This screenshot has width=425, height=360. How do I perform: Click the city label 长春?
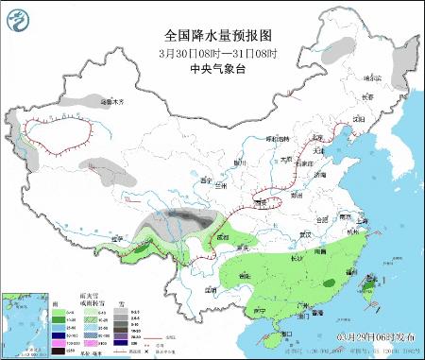(x=370, y=96)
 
